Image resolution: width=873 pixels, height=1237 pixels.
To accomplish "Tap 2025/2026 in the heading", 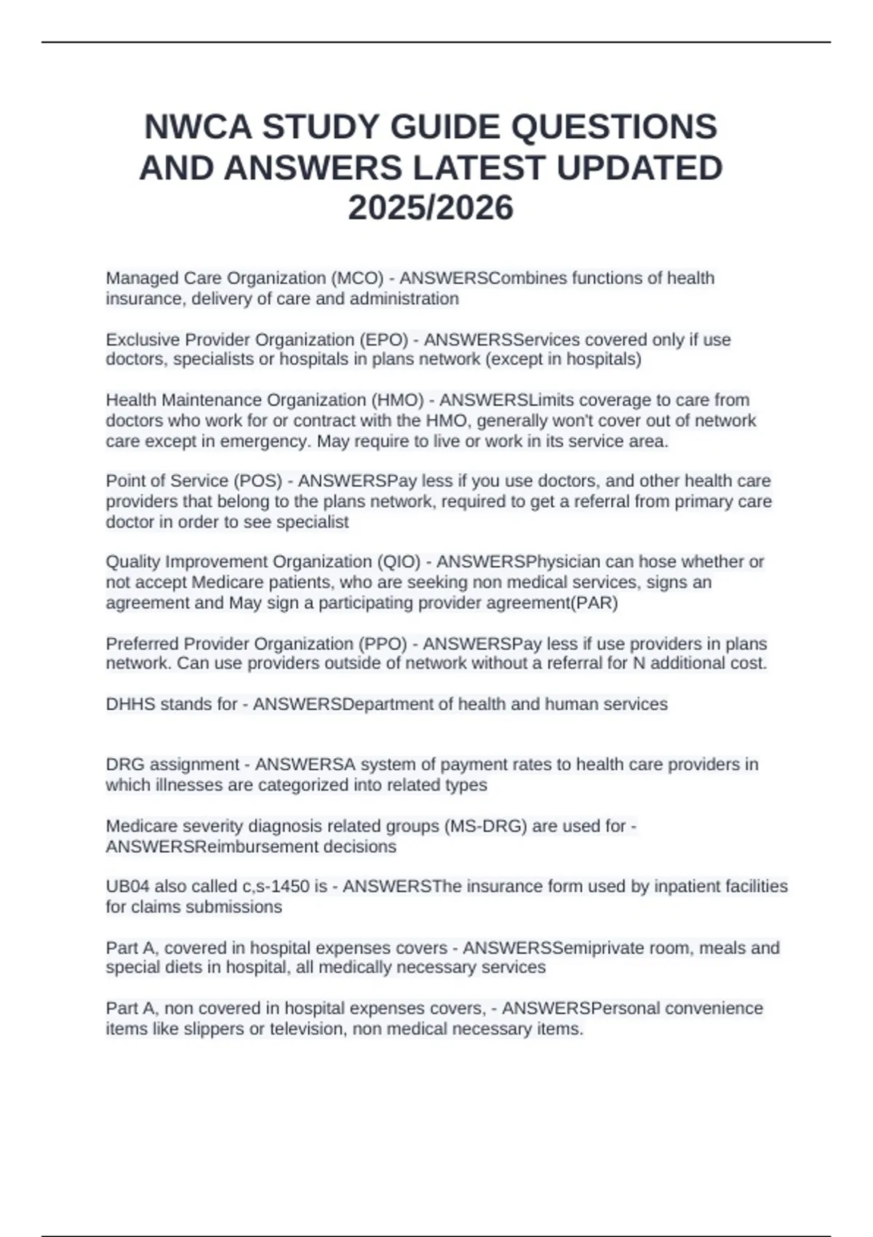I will point(431,208).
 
